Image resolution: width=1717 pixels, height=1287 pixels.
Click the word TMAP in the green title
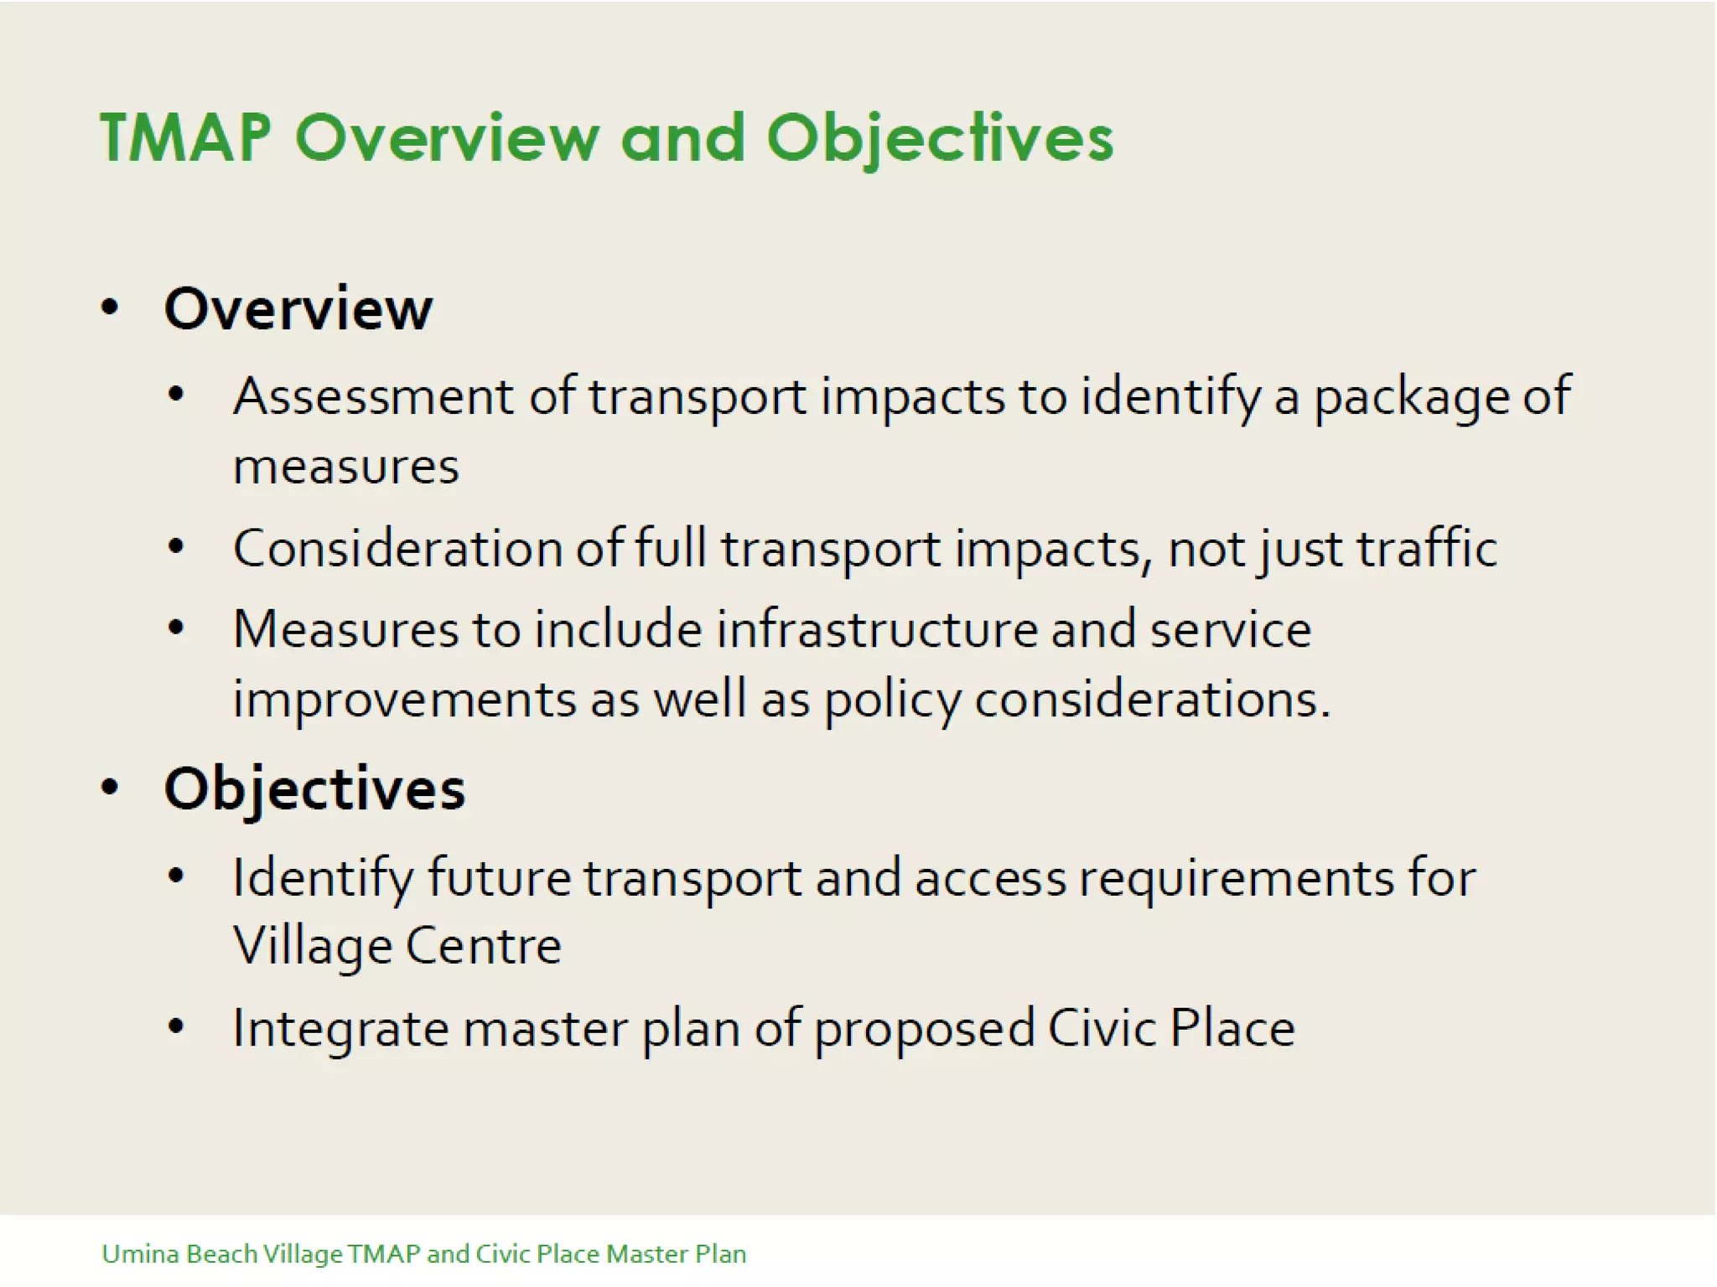[x=186, y=137]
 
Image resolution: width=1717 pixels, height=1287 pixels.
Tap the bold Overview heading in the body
[x=298, y=308]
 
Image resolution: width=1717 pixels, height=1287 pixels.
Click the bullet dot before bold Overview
[x=110, y=308]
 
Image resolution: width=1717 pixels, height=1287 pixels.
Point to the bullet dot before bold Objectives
[x=110, y=787]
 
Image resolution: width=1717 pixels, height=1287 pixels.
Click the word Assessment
[x=373, y=395]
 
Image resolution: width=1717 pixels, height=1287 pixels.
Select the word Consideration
[x=397, y=549]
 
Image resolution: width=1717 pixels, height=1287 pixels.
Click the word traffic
[x=1427, y=549]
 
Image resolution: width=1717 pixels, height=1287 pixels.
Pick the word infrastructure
[x=877, y=629]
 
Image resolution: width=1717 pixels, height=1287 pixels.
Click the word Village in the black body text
[x=312, y=947]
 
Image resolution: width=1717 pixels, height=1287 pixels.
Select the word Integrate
[x=340, y=1028]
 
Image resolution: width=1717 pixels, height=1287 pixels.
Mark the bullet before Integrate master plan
[x=175, y=1026]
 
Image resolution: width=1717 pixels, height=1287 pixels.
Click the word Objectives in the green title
[x=940, y=137]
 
